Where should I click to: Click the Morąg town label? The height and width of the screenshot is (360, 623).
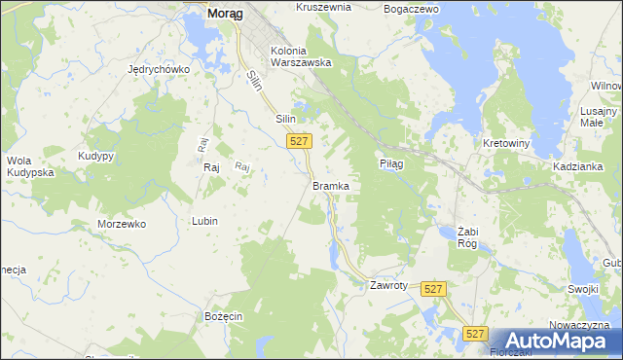click(x=224, y=15)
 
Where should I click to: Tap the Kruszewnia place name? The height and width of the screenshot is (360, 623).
click(x=323, y=7)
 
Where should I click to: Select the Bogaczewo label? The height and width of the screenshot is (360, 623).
click(x=412, y=8)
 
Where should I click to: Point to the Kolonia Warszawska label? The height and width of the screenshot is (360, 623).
click(x=302, y=56)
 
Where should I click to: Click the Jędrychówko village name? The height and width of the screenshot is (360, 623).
click(x=159, y=70)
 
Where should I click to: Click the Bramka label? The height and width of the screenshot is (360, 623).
click(x=330, y=185)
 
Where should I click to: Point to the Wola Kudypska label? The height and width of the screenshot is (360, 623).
click(x=29, y=166)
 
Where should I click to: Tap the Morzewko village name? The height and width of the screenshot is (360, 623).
click(x=122, y=224)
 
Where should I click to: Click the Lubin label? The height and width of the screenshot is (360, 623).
click(x=204, y=221)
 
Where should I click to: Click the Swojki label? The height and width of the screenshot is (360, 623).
click(x=582, y=289)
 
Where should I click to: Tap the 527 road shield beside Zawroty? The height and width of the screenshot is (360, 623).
click(x=434, y=289)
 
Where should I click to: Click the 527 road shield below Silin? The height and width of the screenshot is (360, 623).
click(x=300, y=142)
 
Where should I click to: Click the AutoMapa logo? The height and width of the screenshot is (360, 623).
click(x=553, y=341)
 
